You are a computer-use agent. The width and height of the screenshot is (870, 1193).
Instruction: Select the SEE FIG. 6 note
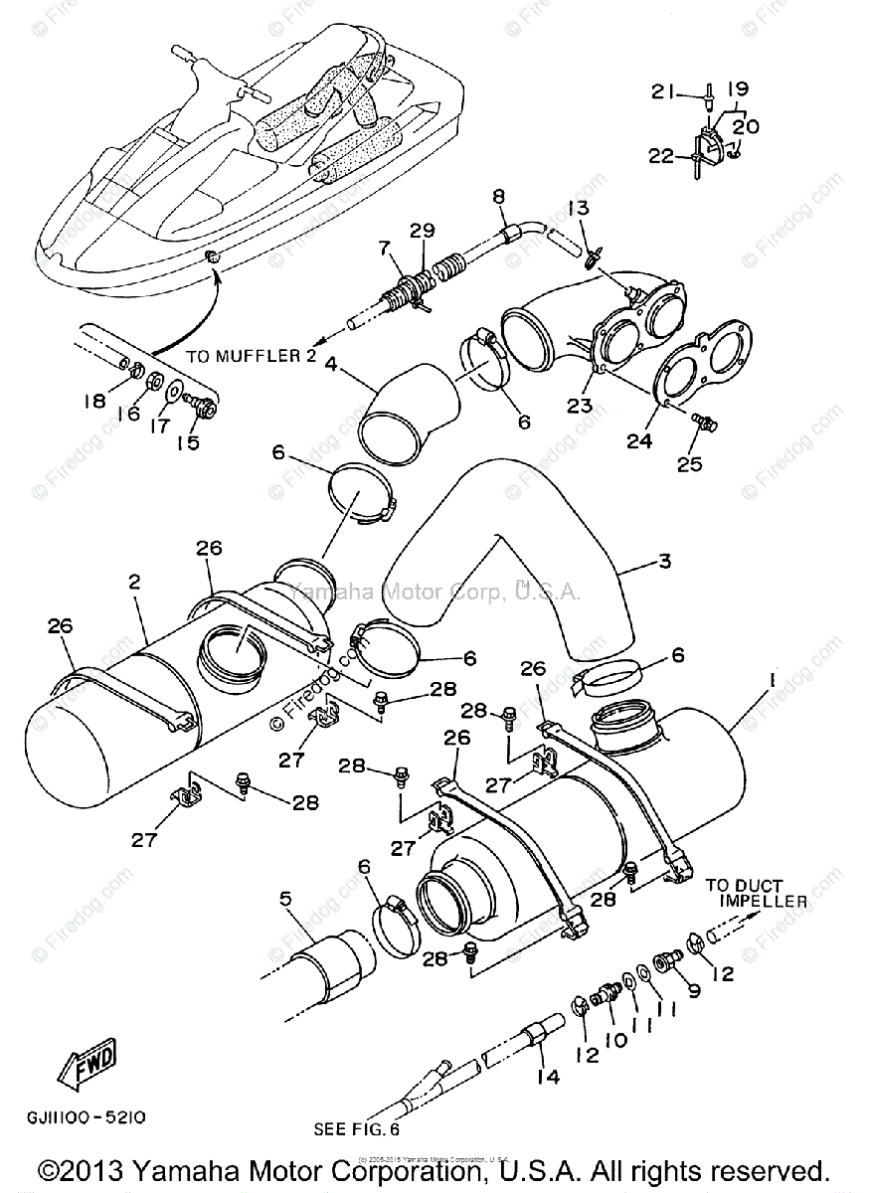355,1129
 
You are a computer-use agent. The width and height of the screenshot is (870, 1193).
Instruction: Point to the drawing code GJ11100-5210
87,1116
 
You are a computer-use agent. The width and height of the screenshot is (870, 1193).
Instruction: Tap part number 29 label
423,231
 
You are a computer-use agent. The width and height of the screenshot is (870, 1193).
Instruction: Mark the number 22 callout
659,155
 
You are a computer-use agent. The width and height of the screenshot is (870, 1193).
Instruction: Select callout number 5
285,901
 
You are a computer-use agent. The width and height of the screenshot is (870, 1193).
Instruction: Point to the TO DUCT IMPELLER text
757,893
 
